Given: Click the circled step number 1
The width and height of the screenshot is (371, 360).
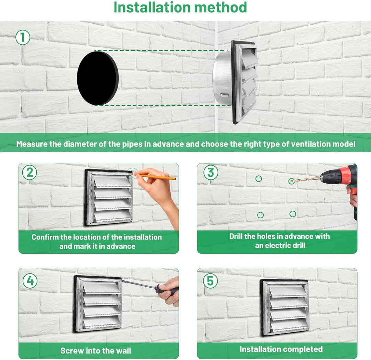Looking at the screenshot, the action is [x=23, y=37].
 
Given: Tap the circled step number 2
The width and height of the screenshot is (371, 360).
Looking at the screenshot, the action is [x=30, y=173].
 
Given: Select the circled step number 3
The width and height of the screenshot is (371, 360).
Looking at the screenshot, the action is [x=211, y=173].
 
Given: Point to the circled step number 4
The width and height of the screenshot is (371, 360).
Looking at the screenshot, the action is [x=30, y=281].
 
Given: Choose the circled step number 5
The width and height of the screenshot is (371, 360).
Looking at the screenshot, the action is [x=210, y=281].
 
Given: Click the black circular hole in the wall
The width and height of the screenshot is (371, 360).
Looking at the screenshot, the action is [x=98, y=78].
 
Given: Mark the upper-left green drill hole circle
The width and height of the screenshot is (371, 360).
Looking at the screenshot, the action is [x=259, y=179].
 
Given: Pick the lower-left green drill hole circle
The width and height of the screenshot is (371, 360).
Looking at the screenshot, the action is [x=260, y=215].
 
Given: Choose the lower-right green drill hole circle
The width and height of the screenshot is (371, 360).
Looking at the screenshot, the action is [x=293, y=214].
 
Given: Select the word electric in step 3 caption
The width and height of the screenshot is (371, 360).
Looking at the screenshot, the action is [x=278, y=245].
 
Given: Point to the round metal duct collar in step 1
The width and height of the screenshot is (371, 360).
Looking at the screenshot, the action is [x=222, y=77].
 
